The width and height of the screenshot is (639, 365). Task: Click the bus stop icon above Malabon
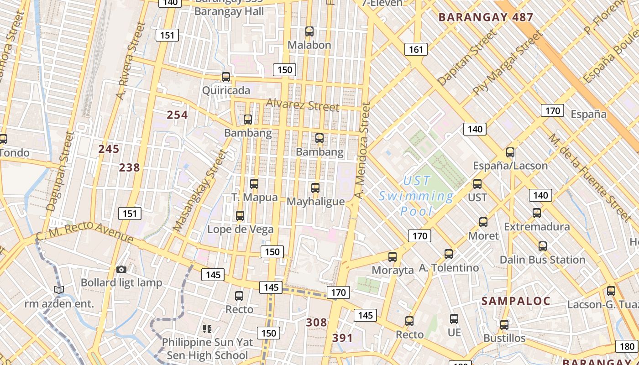[309, 31]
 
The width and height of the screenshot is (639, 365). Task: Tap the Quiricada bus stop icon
[226, 77]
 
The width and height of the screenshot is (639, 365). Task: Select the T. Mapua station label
[254, 198]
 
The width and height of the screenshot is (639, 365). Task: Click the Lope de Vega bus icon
[240, 215]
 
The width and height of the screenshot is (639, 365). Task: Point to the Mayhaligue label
[315, 201]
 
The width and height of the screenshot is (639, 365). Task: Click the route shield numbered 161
[416, 49]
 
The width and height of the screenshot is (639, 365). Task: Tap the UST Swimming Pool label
[416, 196]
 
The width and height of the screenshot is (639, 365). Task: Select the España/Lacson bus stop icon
[510, 152]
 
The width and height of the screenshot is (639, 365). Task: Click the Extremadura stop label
[537, 227]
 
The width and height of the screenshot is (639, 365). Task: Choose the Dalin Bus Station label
[542, 260]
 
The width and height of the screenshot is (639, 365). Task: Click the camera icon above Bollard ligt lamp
[121, 269]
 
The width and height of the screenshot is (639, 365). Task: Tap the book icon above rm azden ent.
[58, 290]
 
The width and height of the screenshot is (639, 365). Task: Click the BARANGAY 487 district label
[486, 18]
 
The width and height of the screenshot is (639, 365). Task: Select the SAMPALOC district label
[516, 301]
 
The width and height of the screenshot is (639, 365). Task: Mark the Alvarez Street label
[303, 105]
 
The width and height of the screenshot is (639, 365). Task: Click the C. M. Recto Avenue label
[85, 231]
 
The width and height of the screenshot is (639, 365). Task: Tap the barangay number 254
[177, 115]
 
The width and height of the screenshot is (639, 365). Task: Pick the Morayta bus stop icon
[393, 256]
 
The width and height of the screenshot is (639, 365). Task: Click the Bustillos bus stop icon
[504, 325]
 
